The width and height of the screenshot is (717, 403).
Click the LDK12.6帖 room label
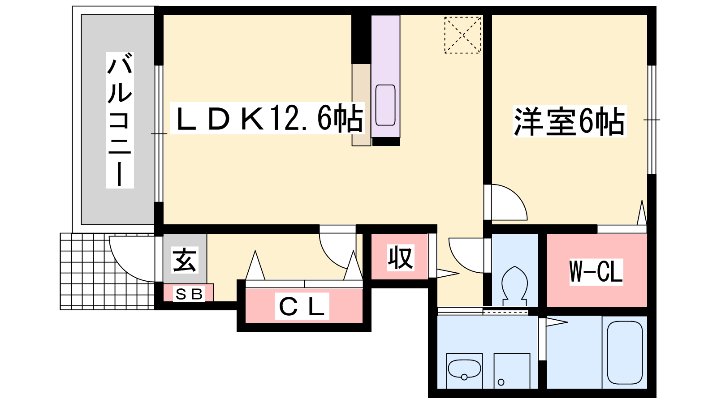pyautogui.click(x=268, y=118)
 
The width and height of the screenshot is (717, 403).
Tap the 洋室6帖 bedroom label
pyautogui.click(x=569, y=121)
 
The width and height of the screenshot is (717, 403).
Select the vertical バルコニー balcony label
pyautogui.click(x=120, y=120)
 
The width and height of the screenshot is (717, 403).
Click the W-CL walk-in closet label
pyautogui.click(x=596, y=271)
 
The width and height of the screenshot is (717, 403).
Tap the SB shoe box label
pyautogui.click(x=189, y=294)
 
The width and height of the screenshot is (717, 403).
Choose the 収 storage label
pyautogui.click(x=401, y=257)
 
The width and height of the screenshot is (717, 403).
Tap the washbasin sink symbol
pyautogui.click(x=464, y=370)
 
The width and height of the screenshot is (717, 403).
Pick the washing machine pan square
pyautogui.click(x=511, y=371)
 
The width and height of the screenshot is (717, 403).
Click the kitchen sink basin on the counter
pyautogui.click(x=385, y=105)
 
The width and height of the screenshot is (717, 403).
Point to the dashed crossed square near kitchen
pyautogui.click(x=463, y=35)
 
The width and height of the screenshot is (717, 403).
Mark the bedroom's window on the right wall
pyautogui.click(x=652, y=120)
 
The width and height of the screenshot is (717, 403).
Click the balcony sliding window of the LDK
pyautogui.click(x=159, y=134)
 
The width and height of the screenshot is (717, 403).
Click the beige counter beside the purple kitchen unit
pyautogui.click(x=361, y=105)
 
